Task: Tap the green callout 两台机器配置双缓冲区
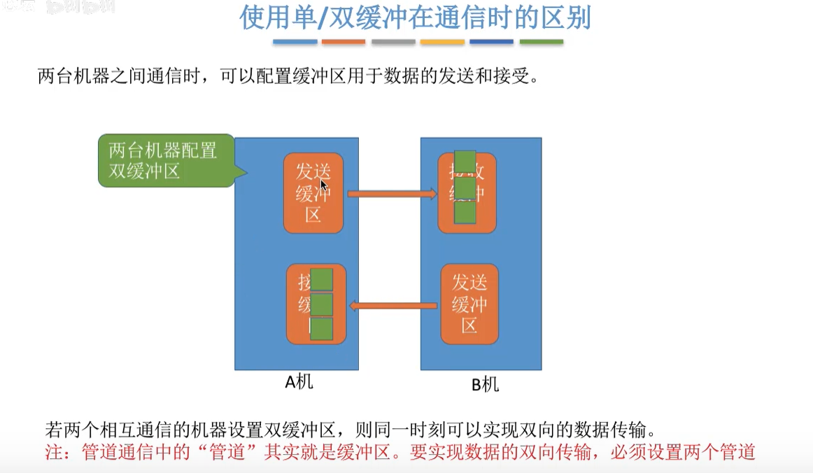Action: (163, 160)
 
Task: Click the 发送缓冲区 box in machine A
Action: (313, 193)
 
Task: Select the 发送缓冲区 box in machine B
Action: (469, 304)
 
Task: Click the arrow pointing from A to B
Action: (392, 193)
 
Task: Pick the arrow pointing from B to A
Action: (393, 304)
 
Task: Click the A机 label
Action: (298, 382)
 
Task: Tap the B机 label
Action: (485, 385)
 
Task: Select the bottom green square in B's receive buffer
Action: (465, 213)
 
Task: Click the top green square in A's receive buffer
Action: (321, 279)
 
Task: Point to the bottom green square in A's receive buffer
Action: (321, 329)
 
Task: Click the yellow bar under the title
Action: (442, 43)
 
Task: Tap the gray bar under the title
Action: (393, 43)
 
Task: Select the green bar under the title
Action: (541, 43)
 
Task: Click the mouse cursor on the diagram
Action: (323, 185)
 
